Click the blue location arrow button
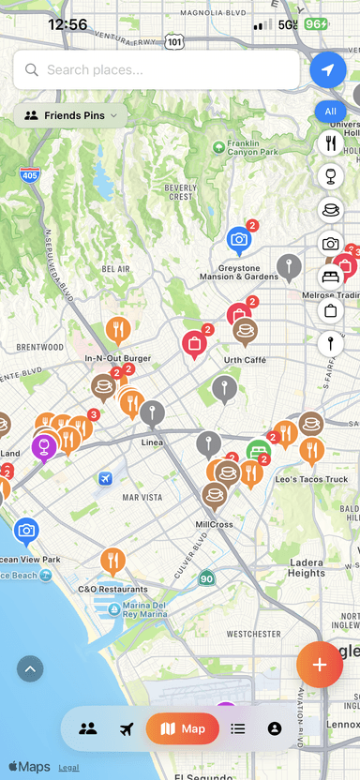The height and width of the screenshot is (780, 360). click(327, 69)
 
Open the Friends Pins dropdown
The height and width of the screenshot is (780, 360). click(71, 115)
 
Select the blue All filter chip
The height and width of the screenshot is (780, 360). click(330, 112)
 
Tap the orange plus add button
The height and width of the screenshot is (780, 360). click(320, 664)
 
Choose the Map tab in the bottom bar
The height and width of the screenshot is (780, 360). click(183, 728)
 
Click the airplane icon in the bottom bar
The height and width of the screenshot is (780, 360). click(127, 728)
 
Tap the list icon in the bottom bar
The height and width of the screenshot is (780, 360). click(238, 728)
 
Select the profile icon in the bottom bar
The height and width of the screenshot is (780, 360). click(274, 728)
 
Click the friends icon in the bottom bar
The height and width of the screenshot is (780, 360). click(88, 728)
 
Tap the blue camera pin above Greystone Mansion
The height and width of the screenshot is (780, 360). click(239, 240)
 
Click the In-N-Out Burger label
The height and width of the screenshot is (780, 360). click(117, 357)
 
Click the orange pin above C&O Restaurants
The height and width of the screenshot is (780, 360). click(112, 561)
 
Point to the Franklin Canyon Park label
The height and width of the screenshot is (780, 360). click(247, 148)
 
